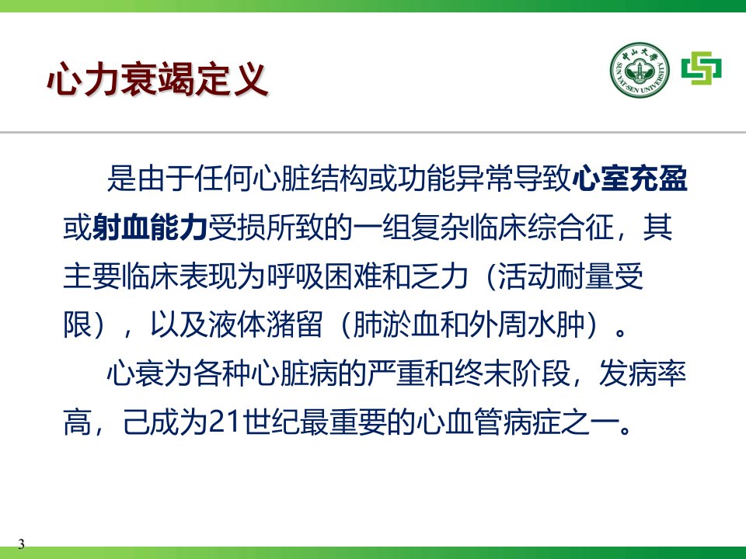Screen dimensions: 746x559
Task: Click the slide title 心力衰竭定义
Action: coord(158,79)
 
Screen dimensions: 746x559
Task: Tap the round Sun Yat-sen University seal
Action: coord(640,70)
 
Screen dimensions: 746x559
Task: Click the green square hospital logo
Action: coord(701,68)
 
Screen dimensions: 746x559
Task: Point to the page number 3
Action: coord(22,544)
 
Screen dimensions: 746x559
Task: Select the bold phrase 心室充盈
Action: coord(629,179)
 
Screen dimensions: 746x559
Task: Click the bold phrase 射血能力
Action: coord(150,227)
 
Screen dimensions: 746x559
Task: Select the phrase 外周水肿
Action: coord(526,325)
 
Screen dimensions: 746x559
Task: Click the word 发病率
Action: coord(643,373)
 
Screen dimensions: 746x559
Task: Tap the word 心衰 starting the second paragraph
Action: coord(135,373)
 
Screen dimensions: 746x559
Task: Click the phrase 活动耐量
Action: coord(555,276)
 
